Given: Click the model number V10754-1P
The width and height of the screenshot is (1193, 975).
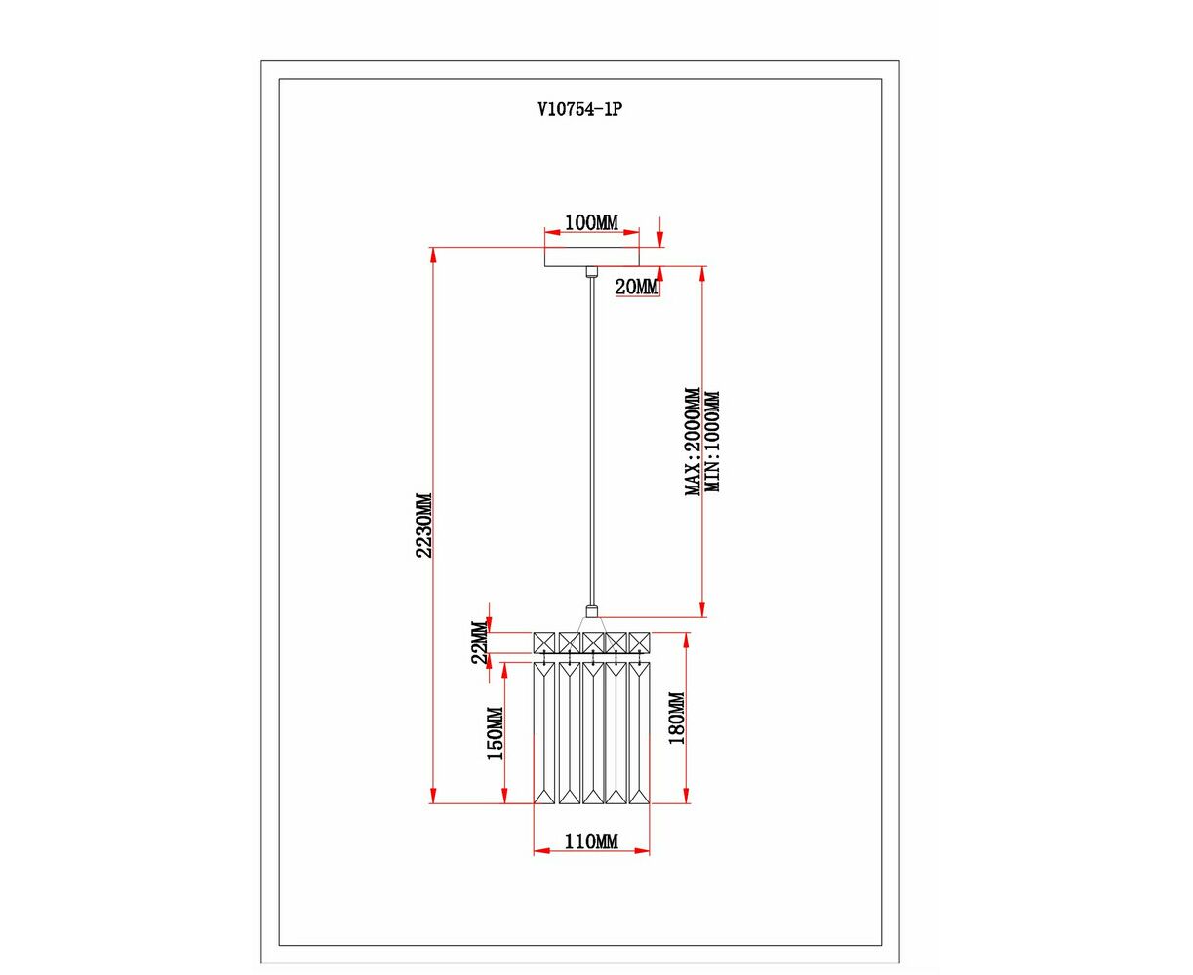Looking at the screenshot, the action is point(579,109).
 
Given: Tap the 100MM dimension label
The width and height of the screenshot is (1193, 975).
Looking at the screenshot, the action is point(591,223).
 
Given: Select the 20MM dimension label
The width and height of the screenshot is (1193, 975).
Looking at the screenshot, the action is point(637,288).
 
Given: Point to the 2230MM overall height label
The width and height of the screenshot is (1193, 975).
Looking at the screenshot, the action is point(423,526).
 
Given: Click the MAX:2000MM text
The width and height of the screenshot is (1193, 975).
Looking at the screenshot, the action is point(693,442).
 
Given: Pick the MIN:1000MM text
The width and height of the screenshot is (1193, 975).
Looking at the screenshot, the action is point(712,442).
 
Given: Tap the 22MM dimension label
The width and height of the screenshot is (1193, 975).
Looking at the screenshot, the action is point(480,643).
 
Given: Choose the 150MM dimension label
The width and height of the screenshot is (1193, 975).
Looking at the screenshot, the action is point(495,732).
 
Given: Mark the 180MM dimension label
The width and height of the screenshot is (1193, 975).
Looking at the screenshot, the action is point(677,718).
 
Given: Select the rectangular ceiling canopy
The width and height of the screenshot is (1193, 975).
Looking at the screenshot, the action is point(592,256).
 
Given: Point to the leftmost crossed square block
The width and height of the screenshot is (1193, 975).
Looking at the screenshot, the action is point(544,643).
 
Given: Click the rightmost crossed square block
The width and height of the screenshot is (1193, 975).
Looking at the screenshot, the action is point(639,643).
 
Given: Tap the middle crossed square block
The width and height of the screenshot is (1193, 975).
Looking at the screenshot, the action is point(592,643).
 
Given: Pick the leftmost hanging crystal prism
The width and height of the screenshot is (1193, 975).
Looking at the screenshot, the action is point(544,733).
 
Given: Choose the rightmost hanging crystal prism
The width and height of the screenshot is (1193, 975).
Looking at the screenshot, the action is point(639,733).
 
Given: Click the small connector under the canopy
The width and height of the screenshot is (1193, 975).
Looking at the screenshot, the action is point(592,271).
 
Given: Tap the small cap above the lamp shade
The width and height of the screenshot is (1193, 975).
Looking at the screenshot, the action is point(592,611).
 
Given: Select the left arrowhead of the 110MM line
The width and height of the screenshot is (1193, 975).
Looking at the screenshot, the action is point(542,867).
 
